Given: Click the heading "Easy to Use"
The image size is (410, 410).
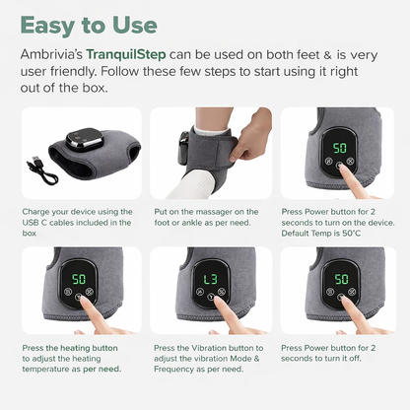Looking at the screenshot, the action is [x=89, y=26].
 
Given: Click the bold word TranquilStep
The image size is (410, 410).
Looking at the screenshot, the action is [x=126, y=54].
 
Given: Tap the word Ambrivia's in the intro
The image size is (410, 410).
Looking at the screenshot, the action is [x=51, y=54].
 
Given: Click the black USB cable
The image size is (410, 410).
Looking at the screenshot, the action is [x=42, y=170].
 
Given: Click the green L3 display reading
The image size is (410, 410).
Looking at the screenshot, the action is [x=210, y=279].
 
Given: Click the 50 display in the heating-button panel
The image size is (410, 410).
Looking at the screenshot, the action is [x=79, y=279].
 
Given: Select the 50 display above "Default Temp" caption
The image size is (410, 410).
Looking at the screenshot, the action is [x=340, y=148].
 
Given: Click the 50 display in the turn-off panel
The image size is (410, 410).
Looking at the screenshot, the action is [x=342, y=279].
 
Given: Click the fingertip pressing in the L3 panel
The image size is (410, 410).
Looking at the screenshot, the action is [x=218, y=302].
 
